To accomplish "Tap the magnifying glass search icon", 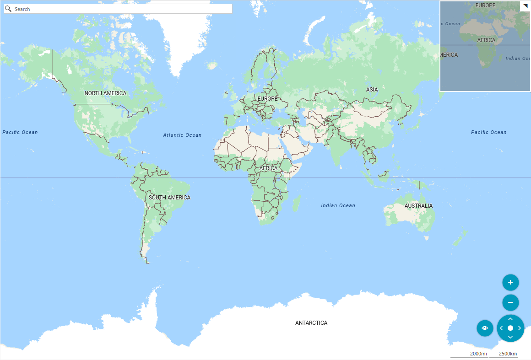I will (x=8, y=9).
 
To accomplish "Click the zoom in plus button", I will (x=510, y=282).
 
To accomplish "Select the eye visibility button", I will (x=485, y=328).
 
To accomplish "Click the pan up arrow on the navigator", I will (x=510, y=319).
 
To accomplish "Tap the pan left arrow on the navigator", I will (x=501, y=328).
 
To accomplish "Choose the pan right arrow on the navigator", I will (x=520, y=328).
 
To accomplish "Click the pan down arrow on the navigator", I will (x=510, y=337).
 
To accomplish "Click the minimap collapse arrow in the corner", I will (x=525, y=6).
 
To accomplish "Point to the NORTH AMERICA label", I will (x=105, y=93).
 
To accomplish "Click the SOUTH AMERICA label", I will (x=169, y=198).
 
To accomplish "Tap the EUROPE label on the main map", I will (x=267, y=99).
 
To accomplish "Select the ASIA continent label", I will (x=372, y=90).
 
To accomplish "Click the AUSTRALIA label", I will (x=418, y=206).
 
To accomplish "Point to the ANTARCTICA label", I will (x=311, y=323).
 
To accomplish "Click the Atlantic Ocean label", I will (x=182, y=135).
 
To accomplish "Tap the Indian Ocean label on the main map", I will (x=338, y=205).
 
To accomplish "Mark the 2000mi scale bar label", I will (x=478, y=354).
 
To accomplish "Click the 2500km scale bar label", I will (x=508, y=354).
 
